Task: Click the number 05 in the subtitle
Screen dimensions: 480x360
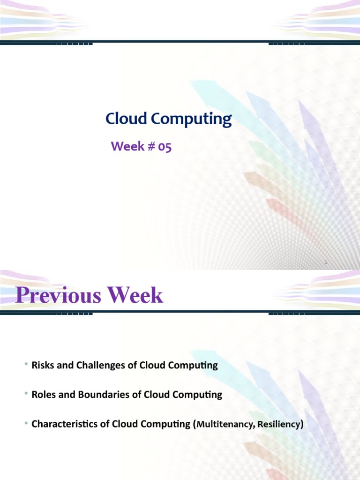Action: [165, 147]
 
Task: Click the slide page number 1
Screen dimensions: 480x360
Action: [325, 263]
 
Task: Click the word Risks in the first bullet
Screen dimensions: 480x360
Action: [43, 365]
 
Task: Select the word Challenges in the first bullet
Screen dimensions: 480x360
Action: [98, 366]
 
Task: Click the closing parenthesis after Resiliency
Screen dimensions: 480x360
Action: [302, 425]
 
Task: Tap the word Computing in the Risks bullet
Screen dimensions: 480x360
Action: [196, 366]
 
